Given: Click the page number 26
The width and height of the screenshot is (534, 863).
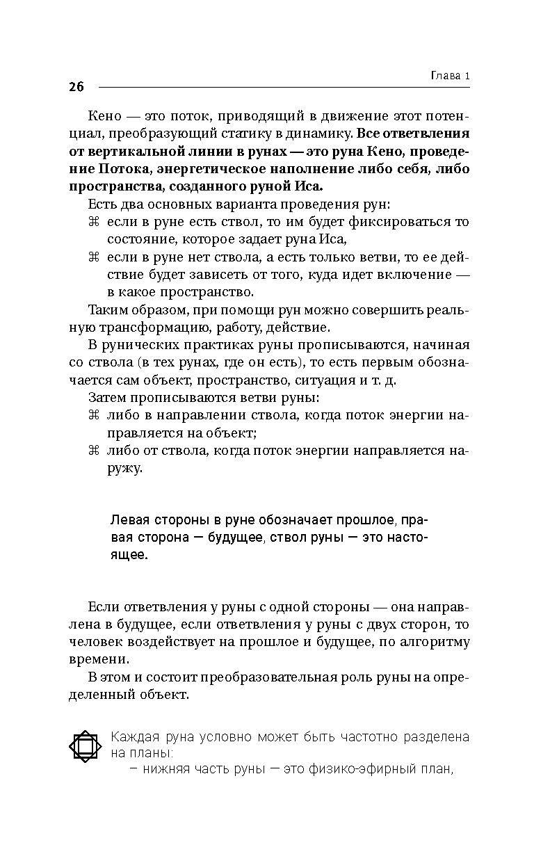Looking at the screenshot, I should tap(76, 87).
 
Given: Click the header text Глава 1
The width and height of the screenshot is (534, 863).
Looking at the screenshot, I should tap(446, 75).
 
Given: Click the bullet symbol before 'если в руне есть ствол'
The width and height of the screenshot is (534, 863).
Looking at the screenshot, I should tap(95, 222).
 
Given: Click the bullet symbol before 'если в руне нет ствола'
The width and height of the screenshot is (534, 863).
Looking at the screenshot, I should tap(95, 258).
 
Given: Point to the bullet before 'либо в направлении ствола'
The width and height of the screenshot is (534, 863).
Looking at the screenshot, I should tap(95, 415).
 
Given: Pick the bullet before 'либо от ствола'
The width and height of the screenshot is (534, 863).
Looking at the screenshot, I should tap(95, 451).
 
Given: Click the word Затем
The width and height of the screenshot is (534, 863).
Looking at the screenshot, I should tap(107, 398).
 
